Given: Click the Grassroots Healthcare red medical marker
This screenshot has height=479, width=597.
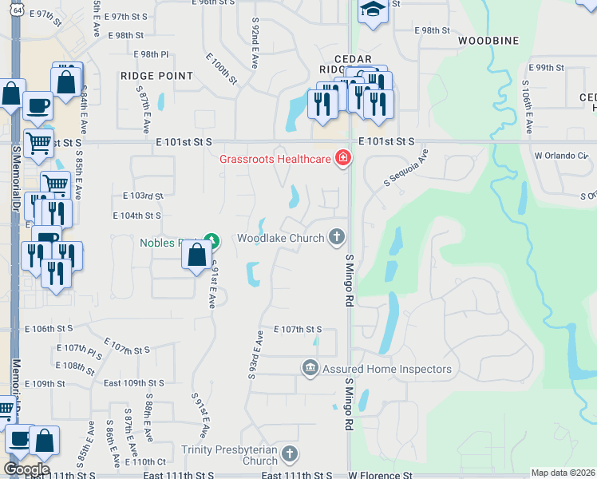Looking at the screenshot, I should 343,158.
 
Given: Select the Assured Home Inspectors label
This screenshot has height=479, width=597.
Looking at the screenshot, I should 386,369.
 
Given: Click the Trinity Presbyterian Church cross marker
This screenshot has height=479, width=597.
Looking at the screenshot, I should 289,454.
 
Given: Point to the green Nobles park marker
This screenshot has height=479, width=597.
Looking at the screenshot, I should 211,239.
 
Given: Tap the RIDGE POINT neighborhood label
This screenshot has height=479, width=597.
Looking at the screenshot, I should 157,76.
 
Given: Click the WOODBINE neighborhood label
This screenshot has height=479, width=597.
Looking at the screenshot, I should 488,41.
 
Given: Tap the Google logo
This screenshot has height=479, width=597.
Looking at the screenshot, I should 26,469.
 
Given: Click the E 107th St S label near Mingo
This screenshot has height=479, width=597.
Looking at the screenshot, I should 298,329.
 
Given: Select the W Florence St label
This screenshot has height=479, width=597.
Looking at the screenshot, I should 380,475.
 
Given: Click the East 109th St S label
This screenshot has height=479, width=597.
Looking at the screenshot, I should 134,383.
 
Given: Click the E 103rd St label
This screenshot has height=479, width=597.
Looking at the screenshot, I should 144,196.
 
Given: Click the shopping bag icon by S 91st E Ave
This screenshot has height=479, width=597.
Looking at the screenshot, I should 197,256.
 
